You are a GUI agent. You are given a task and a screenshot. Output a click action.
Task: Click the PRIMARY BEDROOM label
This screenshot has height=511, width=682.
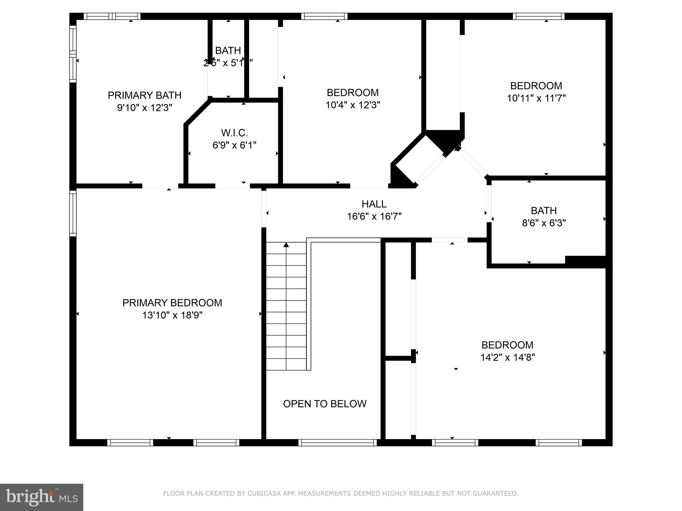click(x=172, y=303)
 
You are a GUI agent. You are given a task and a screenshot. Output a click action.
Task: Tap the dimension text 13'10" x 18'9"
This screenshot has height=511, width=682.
click(x=172, y=315)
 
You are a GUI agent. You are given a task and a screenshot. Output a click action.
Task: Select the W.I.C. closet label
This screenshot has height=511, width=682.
click(x=234, y=133)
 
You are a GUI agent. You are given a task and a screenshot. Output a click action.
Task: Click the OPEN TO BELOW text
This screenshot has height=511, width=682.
click(x=325, y=404)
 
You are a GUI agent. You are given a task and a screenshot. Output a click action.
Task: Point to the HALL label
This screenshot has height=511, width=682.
click(x=374, y=204)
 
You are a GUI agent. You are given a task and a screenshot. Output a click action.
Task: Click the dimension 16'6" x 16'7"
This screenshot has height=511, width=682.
click(x=374, y=217)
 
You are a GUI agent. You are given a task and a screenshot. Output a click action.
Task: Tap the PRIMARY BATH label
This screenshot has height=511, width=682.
click(x=145, y=95)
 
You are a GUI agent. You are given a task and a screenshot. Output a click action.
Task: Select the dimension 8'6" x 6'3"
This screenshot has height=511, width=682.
click(x=544, y=223)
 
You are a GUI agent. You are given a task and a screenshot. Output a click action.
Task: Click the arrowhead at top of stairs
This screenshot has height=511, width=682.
click(x=286, y=245)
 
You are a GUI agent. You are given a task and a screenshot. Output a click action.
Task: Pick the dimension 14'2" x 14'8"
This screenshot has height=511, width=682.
click(x=507, y=357)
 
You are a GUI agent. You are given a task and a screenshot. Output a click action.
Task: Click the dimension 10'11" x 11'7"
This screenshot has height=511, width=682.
click(x=536, y=98)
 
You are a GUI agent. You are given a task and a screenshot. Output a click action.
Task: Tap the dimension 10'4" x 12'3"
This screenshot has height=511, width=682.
click(x=353, y=105)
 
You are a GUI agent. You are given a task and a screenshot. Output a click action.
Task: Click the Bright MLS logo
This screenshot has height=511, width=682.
click(x=42, y=497)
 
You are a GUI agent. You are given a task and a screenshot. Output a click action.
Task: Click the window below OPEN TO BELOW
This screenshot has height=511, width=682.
click(x=337, y=442)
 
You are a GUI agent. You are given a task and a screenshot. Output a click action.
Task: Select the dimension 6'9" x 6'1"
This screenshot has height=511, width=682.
click(x=234, y=145)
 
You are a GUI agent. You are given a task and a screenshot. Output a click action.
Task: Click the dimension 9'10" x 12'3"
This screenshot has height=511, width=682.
click(x=145, y=108)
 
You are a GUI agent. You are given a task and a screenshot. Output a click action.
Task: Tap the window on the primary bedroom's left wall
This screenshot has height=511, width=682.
click(x=73, y=213)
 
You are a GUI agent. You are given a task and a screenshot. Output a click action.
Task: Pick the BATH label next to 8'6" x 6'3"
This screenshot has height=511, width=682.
click(x=543, y=211)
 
